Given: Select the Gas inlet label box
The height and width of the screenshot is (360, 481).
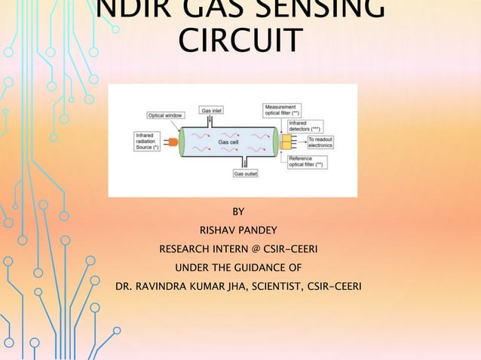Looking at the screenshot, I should (210, 110).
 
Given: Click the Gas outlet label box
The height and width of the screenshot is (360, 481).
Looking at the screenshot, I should (246, 172).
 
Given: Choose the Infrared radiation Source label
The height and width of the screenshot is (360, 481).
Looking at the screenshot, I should (146, 142).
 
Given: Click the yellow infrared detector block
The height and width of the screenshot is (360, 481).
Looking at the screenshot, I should (286, 142).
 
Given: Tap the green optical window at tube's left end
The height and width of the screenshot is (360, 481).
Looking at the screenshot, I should (182, 142).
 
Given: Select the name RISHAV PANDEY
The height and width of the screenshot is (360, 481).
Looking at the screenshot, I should (237, 230).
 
